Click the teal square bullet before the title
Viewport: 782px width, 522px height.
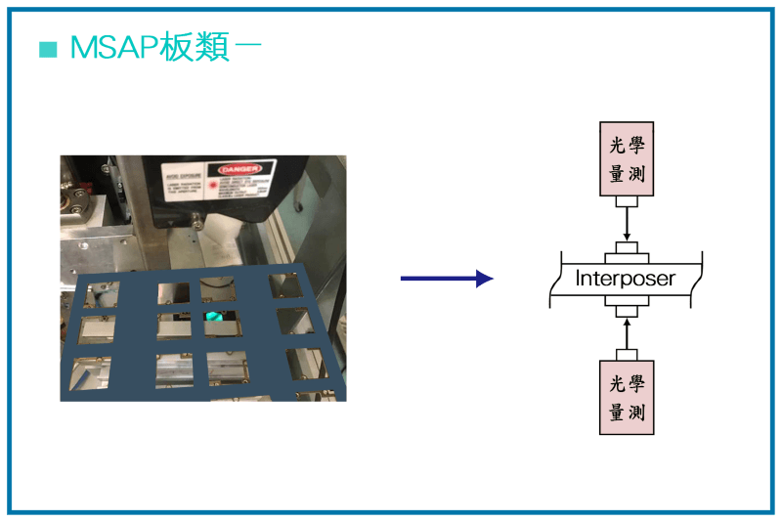(x=48, y=49)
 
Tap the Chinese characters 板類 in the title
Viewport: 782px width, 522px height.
(x=195, y=48)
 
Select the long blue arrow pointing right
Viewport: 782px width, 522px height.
(x=446, y=279)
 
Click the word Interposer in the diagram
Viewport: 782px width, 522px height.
(x=626, y=279)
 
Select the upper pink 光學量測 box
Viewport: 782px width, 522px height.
(x=627, y=158)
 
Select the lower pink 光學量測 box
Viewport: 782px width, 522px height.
(x=627, y=397)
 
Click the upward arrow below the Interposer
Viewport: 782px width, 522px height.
(x=627, y=332)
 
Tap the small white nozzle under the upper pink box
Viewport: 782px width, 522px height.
(x=627, y=201)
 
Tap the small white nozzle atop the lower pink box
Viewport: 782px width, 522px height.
(x=627, y=354)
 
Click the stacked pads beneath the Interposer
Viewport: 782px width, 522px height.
(x=627, y=307)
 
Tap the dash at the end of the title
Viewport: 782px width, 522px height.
(x=248, y=48)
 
